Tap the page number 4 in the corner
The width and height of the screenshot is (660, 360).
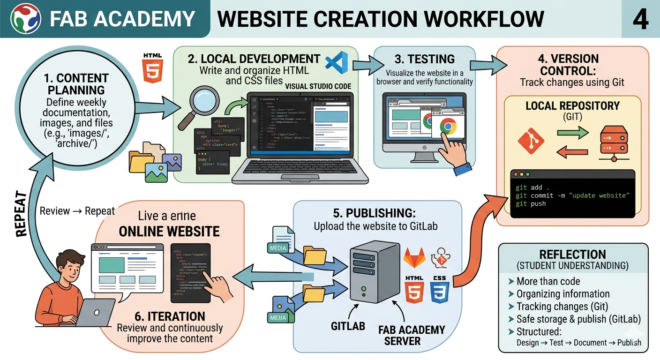click(x=640, y=19)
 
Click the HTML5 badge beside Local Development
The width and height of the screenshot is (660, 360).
click(x=153, y=68)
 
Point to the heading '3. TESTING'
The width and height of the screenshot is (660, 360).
click(x=424, y=59)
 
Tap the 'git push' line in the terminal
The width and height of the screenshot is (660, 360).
click(x=531, y=204)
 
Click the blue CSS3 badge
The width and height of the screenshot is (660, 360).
click(x=440, y=290)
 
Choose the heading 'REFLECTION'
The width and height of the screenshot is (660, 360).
click(x=572, y=255)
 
